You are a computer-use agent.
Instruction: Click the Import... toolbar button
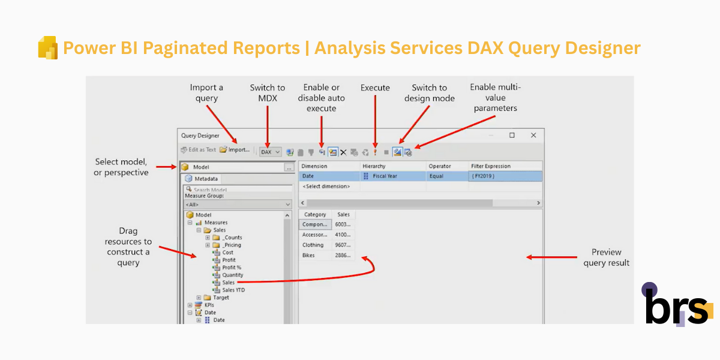[x=235, y=150]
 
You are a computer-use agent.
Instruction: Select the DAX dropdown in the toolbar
[x=270, y=152]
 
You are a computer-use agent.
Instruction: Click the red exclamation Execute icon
[x=375, y=152]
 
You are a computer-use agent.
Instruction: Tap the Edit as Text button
[x=198, y=150]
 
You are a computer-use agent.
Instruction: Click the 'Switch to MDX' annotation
[x=267, y=93]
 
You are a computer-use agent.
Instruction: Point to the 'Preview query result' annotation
[x=606, y=257]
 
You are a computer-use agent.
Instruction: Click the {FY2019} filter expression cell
[x=483, y=176]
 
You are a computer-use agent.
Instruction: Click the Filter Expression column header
[x=490, y=166]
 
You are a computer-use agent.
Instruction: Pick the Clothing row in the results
[x=313, y=245]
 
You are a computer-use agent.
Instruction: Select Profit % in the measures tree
[x=231, y=268]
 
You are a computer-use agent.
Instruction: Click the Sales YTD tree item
[x=233, y=290]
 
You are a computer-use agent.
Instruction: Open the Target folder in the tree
[x=221, y=298]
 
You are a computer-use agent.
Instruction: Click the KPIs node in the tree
[x=209, y=305]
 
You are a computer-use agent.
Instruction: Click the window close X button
[x=533, y=136]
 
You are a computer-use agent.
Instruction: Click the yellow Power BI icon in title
[x=47, y=48]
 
